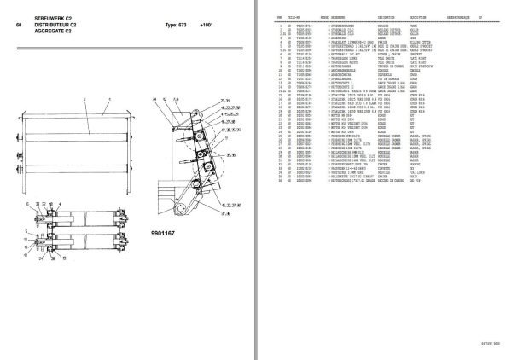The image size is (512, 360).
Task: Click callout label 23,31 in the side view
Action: [x=201, y=101]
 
